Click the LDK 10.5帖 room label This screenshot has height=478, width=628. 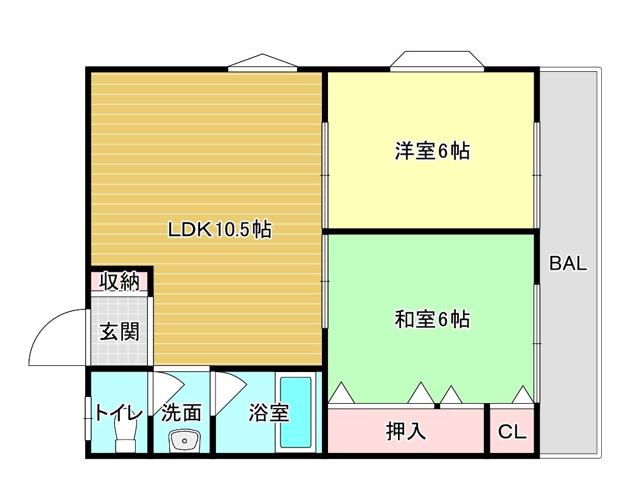coord(219,230)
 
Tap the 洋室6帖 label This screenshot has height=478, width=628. coord(432,151)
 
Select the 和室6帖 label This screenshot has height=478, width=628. coord(432,319)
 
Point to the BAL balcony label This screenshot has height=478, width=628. coord(568,264)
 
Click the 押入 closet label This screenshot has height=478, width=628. coord(406,431)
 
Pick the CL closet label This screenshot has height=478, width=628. coord(512,432)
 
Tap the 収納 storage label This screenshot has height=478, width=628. coord(120,282)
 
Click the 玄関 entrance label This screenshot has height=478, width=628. coord(119,332)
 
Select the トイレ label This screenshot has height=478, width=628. coord(119,413)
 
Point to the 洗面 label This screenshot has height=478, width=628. coord(181,413)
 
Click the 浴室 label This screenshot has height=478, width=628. coord(268,413)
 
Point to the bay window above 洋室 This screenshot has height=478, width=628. coord(437,60)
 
